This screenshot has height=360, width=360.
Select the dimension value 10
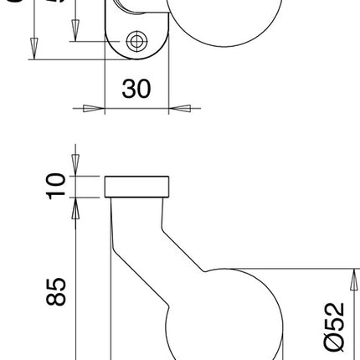[x=54, y=186]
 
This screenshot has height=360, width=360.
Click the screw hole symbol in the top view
[x=136, y=41]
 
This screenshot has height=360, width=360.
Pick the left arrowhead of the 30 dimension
[x=93, y=108]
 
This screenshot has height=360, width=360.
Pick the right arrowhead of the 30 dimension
[x=181, y=108]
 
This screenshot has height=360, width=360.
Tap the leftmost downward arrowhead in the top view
[x=33, y=47]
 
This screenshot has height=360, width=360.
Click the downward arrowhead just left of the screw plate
[x=76, y=29]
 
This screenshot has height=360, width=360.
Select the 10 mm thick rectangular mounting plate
[x=137, y=186]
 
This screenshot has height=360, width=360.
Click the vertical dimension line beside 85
[x=76, y=285]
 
